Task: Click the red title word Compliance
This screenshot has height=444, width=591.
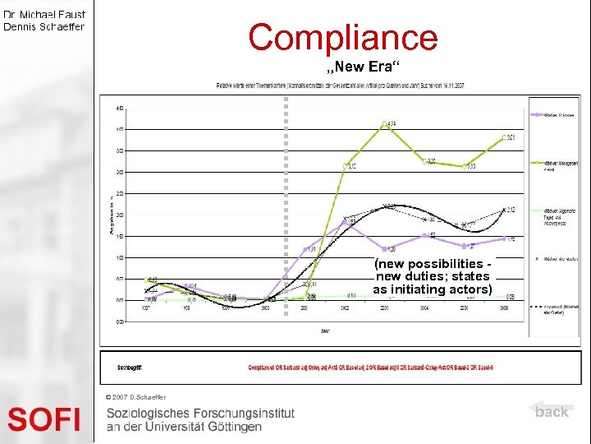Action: (343, 37)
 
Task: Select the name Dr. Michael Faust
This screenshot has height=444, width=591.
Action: (44, 15)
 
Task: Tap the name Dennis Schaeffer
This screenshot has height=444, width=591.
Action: (44, 26)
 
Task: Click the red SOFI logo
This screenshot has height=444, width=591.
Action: (44, 420)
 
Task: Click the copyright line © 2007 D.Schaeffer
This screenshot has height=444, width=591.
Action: (136, 398)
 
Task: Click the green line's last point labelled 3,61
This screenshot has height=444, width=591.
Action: (504, 138)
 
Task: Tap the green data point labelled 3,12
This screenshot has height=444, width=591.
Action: (346, 166)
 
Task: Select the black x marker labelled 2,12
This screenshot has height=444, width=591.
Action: (503, 210)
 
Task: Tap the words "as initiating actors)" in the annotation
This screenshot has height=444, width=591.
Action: (433, 289)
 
